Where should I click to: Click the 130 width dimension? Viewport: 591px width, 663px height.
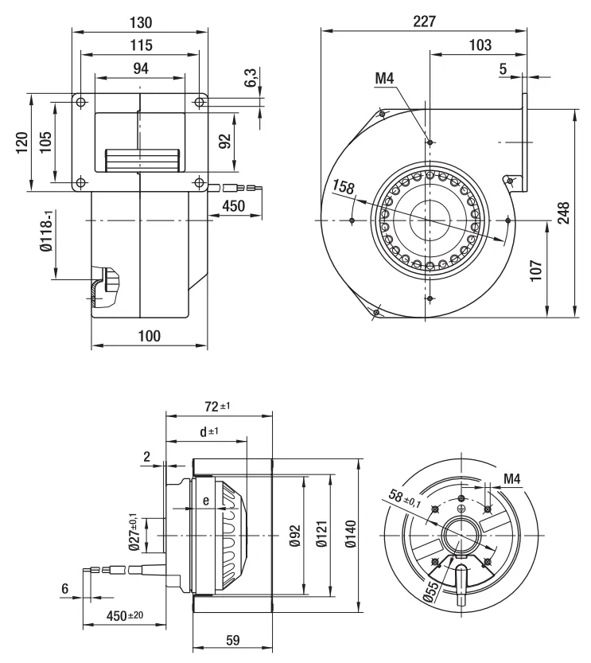click(x=140, y=22)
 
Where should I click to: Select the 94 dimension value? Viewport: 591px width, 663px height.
click(x=140, y=68)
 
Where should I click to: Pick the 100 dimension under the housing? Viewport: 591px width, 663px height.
click(x=149, y=336)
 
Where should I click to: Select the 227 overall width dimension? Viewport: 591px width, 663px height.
click(x=424, y=22)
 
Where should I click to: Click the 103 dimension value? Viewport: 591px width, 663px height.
click(x=480, y=45)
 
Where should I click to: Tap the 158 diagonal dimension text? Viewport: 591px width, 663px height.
click(x=344, y=188)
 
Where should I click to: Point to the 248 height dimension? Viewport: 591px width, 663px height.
click(x=563, y=213)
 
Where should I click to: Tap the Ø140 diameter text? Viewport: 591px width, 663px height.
click(x=350, y=535)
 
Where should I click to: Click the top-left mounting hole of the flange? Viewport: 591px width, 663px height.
click(x=80, y=102)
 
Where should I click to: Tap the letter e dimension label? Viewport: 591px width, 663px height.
click(x=206, y=501)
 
